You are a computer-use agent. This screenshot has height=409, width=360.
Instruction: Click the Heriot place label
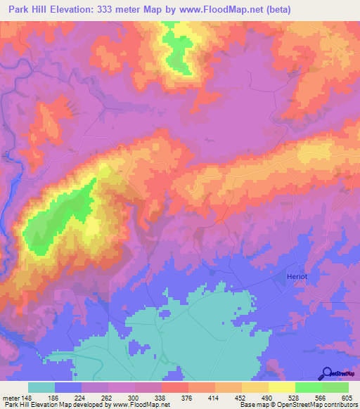pos(298,276)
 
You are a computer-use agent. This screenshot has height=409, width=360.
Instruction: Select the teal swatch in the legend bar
pos(41,387)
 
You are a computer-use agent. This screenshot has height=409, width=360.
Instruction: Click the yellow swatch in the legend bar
pos(282,387)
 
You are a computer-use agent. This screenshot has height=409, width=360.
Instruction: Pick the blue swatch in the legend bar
pos(68,387)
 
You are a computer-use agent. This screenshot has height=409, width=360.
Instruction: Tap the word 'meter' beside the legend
pos(11,396)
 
